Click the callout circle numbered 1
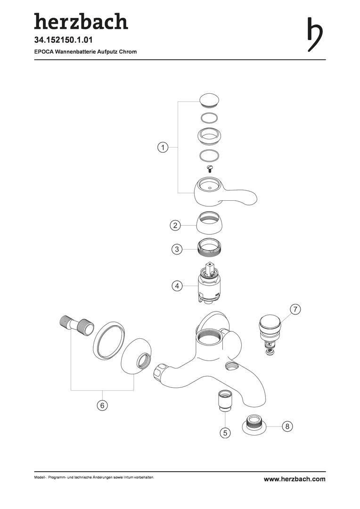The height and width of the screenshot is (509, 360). click(x=163, y=148)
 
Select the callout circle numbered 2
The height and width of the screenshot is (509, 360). click(x=175, y=225)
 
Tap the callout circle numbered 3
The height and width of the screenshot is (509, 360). click(x=177, y=249)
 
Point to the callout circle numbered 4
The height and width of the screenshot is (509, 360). click(x=177, y=286)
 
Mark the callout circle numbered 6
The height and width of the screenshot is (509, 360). click(x=102, y=405)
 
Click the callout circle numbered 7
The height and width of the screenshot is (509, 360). click(x=295, y=309)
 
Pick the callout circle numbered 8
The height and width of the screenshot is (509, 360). click(x=287, y=426)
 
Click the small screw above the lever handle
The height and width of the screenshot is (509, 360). click(x=209, y=169)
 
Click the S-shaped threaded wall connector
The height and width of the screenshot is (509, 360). click(x=77, y=324)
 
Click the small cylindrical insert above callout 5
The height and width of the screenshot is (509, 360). click(x=223, y=402)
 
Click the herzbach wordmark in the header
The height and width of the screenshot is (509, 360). click(x=81, y=22)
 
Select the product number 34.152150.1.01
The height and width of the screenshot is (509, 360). click(x=64, y=40)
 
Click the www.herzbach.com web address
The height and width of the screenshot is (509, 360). click(x=295, y=479)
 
